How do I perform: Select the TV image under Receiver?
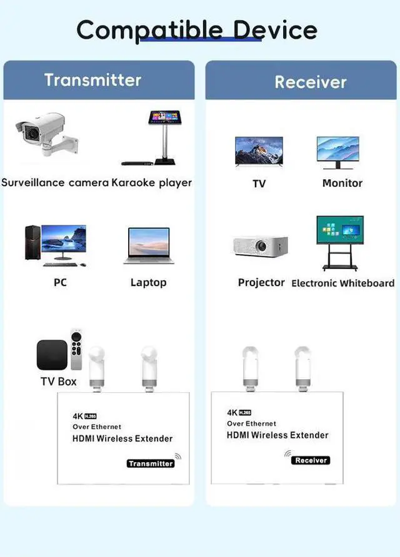258,152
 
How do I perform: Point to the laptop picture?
148,245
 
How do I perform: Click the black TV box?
52,357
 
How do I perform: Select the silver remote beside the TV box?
76,350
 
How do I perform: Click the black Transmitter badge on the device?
150,463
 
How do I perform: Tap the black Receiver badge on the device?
311,460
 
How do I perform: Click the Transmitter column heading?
92,80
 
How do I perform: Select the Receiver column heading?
311,82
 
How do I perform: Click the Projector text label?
261,282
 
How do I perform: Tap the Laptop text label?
148,282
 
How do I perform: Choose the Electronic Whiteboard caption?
343,283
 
